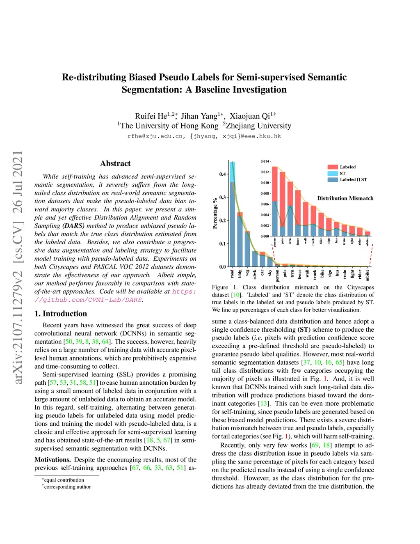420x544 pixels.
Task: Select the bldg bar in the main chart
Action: pos(240,240)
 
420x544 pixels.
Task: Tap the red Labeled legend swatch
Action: pos(332,167)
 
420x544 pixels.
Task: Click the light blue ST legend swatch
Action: pos(332,174)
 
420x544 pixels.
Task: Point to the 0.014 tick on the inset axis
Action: pos(265,161)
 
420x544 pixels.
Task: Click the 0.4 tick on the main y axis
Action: pos(222,174)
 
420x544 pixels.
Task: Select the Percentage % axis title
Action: pos(215,213)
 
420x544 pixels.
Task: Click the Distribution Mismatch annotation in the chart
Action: pos(345,198)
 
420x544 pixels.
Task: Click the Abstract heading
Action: pos(115,163)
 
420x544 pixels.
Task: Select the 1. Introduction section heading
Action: pos(61,314)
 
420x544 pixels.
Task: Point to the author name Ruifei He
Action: pos(151,116)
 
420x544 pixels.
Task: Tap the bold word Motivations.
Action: pos(52,460)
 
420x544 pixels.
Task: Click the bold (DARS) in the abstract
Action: pos(73,226)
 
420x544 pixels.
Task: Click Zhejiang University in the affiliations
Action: pos(258,126)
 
